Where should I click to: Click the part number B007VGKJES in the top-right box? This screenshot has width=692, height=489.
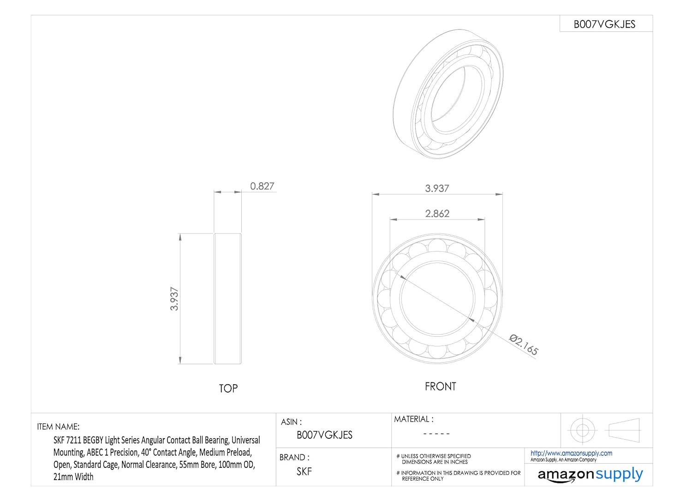(x=604, y=24)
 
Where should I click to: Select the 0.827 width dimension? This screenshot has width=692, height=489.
(x=262, y=186)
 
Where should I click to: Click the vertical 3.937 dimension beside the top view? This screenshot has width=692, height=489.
(x=174, y=298)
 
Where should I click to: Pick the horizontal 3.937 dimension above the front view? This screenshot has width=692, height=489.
(x=437, y=188)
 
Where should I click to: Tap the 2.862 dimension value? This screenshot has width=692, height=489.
(x=437, y=214)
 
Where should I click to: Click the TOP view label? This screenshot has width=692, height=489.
(x=228, y=388)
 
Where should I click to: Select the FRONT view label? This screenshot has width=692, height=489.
(x=440, y=387)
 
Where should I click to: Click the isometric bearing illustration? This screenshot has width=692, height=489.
(x=448, y=95)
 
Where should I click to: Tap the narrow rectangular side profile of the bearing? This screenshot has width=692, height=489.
(x=227, y=298)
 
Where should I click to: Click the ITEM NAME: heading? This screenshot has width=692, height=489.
(x=58, y=427)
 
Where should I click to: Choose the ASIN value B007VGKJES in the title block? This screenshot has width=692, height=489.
(x=324, y=435)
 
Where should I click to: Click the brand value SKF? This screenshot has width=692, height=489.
(x=304, y=471)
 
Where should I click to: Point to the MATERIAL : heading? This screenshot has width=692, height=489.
(x=413, y=419)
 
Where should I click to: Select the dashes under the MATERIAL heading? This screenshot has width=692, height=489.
(x=436, y=434)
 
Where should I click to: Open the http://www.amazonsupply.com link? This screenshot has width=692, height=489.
(x=571, y=453)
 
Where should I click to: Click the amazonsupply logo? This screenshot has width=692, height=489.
(x=590, y=475)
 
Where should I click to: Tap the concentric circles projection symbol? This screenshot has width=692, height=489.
(x=582, y=430)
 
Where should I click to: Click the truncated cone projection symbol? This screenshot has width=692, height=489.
(x=624, y=430)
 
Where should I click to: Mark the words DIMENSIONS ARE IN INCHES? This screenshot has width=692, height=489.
(x=435, y=462)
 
